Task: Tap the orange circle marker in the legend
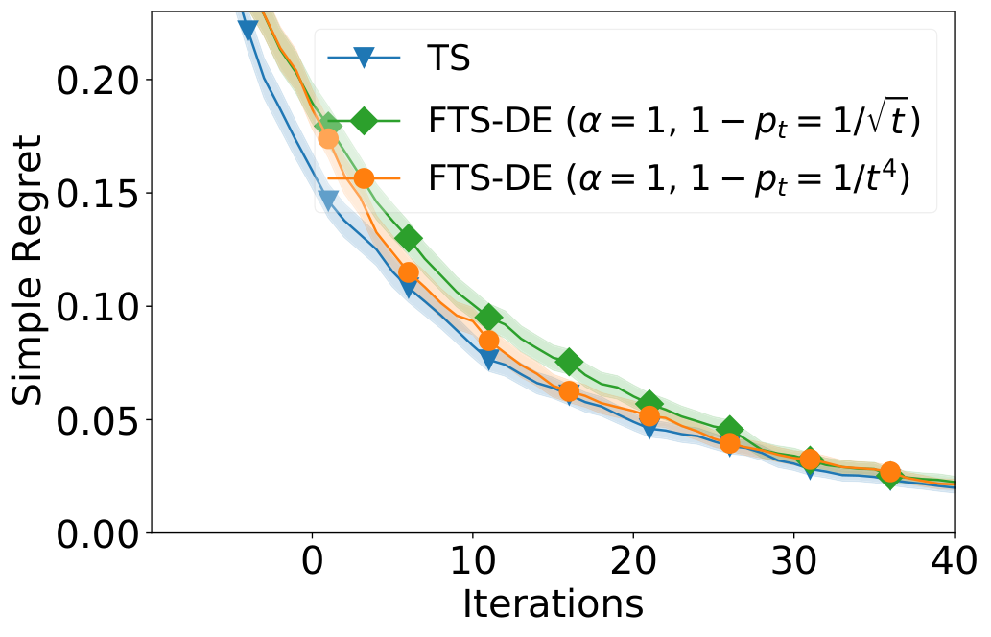364,178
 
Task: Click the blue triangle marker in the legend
364,59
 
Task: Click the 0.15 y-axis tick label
97,194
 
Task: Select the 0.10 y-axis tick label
97,306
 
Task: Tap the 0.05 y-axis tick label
97,420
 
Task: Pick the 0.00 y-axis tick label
97,534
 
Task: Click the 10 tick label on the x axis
473,561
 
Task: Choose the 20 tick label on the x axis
633,561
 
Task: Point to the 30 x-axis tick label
793,561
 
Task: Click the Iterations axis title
553,604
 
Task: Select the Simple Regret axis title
27,270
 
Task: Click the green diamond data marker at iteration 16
569,362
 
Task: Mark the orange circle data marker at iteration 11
488,341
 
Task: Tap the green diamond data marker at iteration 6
409,238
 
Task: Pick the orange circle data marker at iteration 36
890,472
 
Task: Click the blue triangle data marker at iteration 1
328,201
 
